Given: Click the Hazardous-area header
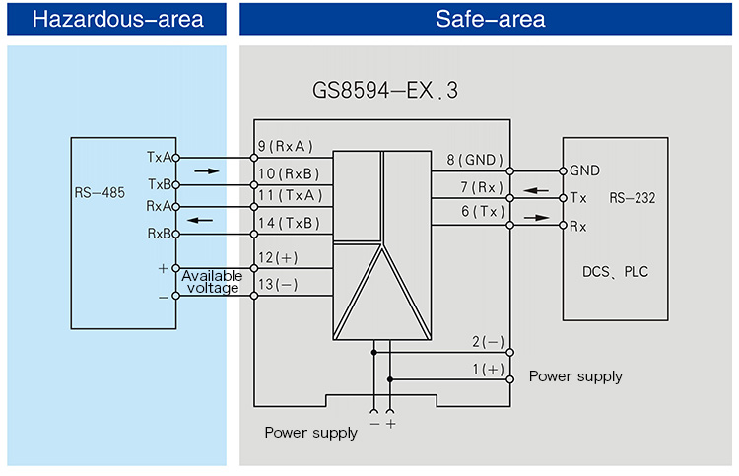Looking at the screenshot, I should pyautogui.click(x=117, y=20).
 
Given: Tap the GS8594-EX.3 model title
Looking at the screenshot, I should pyautogui.click(x=384, y=91).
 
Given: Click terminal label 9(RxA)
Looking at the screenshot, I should pyautogui.click(x=285, y=147).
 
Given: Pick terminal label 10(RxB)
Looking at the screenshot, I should pyautogui.click(x=287, y=174).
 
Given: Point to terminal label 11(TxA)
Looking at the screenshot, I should pyautogui.click(x=287, y=195).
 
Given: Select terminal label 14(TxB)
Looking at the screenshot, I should pyautogui.click(x=288, y=223).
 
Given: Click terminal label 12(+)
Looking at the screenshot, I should pyautogui.click(x=277, y=257).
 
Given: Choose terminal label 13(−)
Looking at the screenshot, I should pyautogui.click(x=277, y=285).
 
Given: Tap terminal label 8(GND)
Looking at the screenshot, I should pyautogui.click(x=475, y=160).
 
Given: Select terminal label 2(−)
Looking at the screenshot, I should pyautogui.click(x=487, y=342).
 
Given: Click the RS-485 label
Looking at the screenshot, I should pyautogui.click(x=100, y=193).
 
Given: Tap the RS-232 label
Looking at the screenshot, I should pyautogui.click(x=632, y=198).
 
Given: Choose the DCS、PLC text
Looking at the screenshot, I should pyautogui.click(x=617, y=272).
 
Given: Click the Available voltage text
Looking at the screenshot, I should pyautogui.click(x=211, y=282).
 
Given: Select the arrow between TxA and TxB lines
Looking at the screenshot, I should pyautogui.click(x=207, y=171).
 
